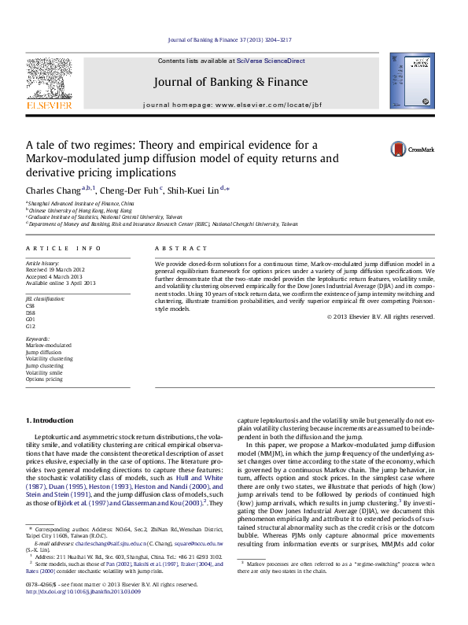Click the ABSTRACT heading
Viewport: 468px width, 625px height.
[x=177, y=248]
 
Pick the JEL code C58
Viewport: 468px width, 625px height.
[x=31, y=305]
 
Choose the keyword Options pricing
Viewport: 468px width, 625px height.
[x=45, y=379]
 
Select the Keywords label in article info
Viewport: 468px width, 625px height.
[x=38, y=338]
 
